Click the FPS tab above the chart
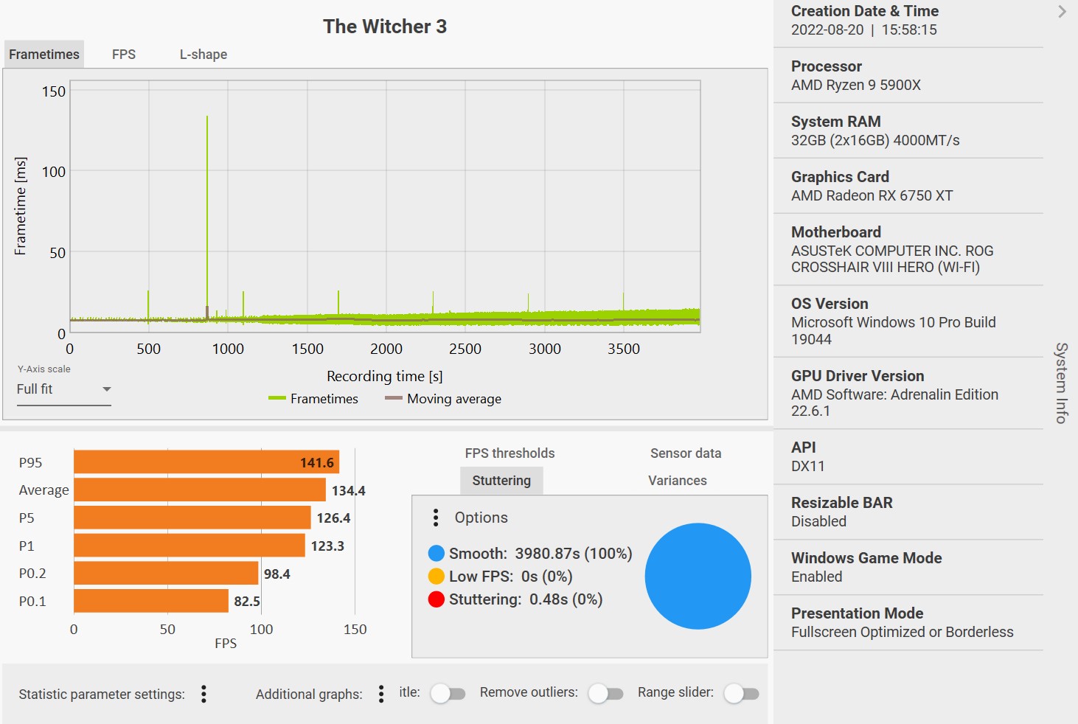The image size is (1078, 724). [x=124, y=55]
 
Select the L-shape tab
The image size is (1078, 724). [x=204, y=55]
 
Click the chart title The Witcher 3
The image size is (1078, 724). [x=384, y=27]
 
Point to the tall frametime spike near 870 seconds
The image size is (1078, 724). [x=207, y=184]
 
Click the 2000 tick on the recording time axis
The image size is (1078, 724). [x=386, y=349]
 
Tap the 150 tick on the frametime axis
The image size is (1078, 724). [x=54, y=91]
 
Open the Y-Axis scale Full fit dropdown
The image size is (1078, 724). [x=64, y=389]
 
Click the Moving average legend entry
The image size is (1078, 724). [x=443, y=399]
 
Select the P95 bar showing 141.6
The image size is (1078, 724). [x=206, y=462]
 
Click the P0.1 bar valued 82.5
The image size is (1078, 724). [x=151, y=601]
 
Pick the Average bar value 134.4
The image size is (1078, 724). [x=348, y=490]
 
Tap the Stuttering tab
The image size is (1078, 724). [x=501, y=481]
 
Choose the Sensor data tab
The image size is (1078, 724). [x=686, y=453]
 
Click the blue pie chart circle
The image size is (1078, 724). [x=698, y=576]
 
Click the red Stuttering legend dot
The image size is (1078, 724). [x=436, y=599]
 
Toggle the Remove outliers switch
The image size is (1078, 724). [x=605, y=693]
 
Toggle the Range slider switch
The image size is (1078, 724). [x=741, y=693]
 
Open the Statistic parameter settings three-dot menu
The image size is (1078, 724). [x=204, y=694]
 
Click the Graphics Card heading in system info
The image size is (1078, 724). [x=840, y=177]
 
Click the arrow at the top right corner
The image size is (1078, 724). [x=1062, y=12]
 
